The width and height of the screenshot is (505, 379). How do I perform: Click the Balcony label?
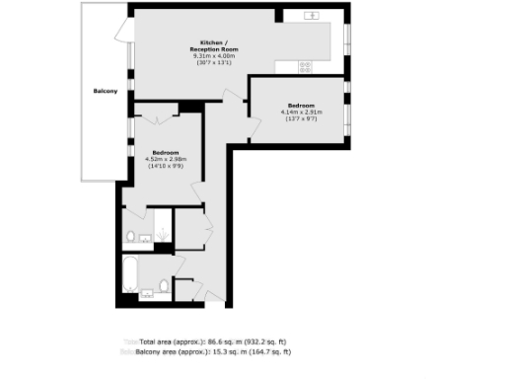[107, 90]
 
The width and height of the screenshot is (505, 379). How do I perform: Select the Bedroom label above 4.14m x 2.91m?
[301, 106]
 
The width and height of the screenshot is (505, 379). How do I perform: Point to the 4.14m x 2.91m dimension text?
[301, 113]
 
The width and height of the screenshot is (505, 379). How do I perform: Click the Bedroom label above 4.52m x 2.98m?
[166, 152]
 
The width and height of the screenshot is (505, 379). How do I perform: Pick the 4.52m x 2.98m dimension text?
[166, 159]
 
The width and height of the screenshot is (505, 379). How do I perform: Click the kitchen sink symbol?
[314, 16]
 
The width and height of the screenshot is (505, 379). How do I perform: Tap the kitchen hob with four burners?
[306, 67]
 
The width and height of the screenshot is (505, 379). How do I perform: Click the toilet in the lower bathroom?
[165, 288]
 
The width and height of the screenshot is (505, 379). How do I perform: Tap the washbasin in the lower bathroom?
[147, 292]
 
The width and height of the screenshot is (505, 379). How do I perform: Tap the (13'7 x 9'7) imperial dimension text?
[301, 119]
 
